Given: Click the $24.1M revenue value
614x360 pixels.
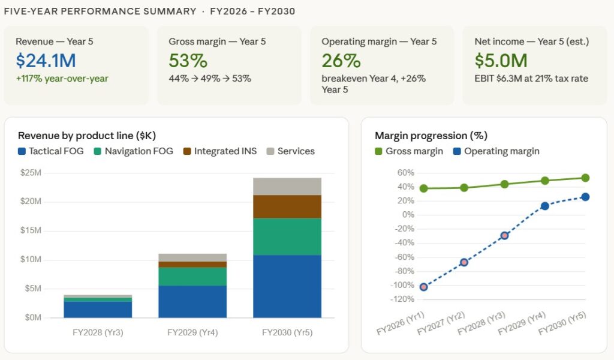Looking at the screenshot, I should [x=46, y=61].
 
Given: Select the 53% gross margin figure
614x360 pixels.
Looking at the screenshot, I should [x=188, y=61].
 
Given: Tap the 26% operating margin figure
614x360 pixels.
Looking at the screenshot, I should [x=341, y=61].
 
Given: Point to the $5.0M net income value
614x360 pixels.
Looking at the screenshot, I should [x=501, y=61].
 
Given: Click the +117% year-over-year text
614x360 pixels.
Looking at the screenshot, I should [x=62, y=78].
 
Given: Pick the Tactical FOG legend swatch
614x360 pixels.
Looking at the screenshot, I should [x=22, y=152].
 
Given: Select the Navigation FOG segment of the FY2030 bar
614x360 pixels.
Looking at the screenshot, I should [x=287, y=236].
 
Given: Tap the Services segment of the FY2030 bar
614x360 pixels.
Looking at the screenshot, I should [x=287, y=187].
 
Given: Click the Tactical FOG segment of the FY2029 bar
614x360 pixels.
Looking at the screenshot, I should [x=192, y=301].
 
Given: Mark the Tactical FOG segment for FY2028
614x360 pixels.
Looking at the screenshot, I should [x=98, y=309].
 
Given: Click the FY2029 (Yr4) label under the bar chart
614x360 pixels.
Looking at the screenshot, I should [x=192, y=332].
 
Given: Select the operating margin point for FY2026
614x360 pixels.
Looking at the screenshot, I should [x=423, y=287].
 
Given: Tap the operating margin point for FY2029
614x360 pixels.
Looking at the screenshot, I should [x=544, y=206].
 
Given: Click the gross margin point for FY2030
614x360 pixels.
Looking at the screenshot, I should [x=585, y=178].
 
